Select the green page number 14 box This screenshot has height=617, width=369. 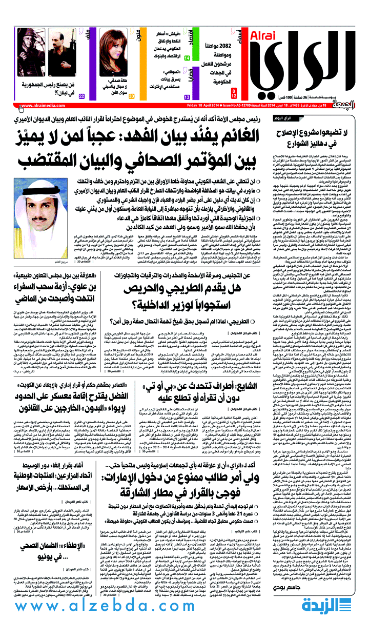tap(187, 58)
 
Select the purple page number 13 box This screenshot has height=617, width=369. tap(187, 96)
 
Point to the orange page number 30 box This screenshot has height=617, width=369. tap(132, 96)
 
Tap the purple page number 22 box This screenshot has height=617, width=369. tap(81, 96)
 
